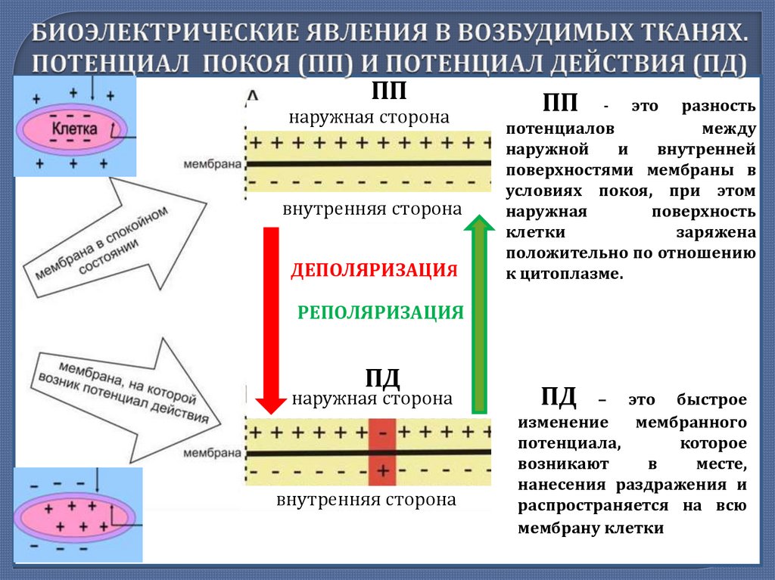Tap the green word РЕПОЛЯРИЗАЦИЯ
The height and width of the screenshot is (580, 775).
pos(380,312)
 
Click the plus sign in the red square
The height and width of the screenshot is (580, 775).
pos(382,470)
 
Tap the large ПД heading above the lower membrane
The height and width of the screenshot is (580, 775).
pos(382,377)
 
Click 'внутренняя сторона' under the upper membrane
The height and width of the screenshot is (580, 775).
pos(372,209)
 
